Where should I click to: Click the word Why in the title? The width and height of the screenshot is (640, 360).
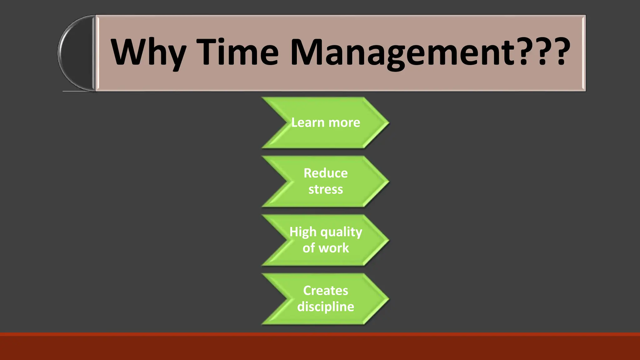(148, 52)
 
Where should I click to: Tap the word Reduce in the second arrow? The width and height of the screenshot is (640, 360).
(325, 173)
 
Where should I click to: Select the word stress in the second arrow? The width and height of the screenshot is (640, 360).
(325, 189)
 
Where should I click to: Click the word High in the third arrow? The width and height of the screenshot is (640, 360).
(303, 232)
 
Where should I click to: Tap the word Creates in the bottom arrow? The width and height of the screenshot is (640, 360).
(325, 291)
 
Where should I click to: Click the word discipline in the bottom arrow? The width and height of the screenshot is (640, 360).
(325, 307)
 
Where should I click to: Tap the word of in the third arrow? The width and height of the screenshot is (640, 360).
(308, 248)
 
